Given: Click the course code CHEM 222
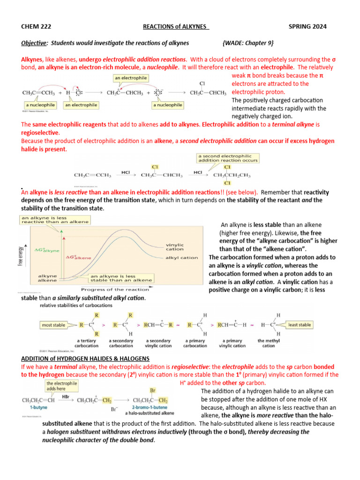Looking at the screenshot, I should click(36, 27).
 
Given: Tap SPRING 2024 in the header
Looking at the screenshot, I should click(308, 27).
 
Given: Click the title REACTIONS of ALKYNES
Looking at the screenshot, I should click(175, 27).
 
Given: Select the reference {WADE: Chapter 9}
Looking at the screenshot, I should click(248, 43).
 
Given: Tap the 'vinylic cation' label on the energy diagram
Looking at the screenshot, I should click(175, 247).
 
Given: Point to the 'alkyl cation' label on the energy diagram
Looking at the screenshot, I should click(181, 258).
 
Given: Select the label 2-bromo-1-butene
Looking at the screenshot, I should click(150, 408).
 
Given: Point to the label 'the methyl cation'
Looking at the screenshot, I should click(268, 343).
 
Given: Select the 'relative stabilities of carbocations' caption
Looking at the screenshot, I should click(76, 305).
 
